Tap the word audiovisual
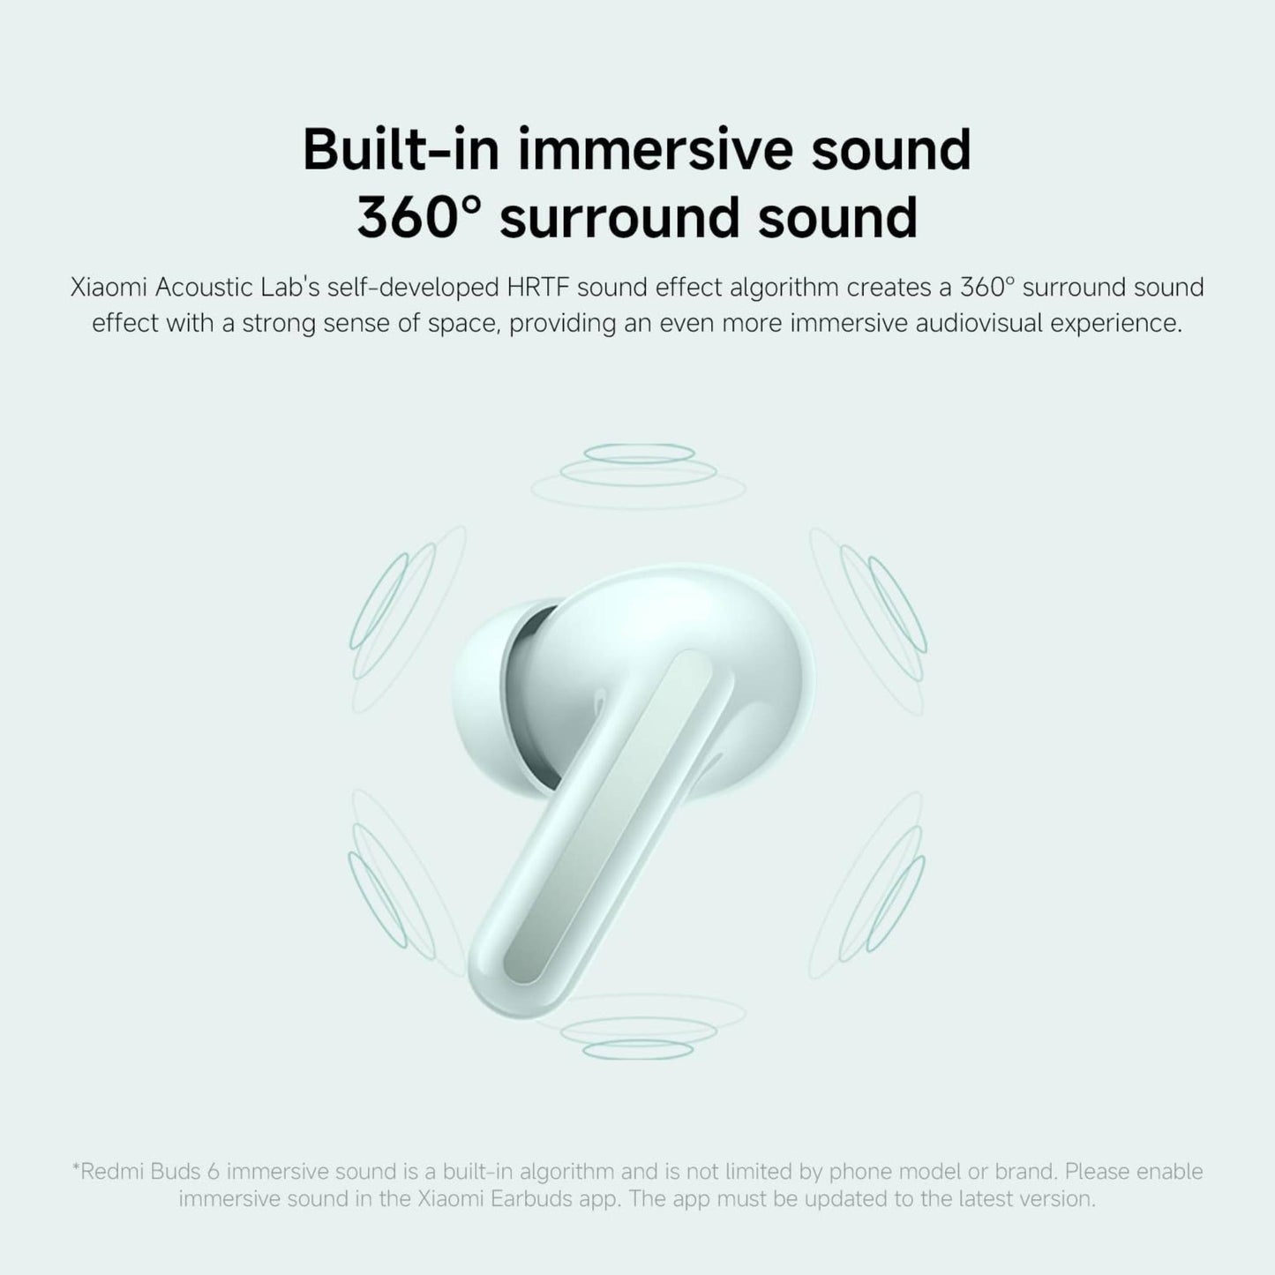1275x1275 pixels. coord(976,323)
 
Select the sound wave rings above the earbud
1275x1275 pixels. coord(638,468)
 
